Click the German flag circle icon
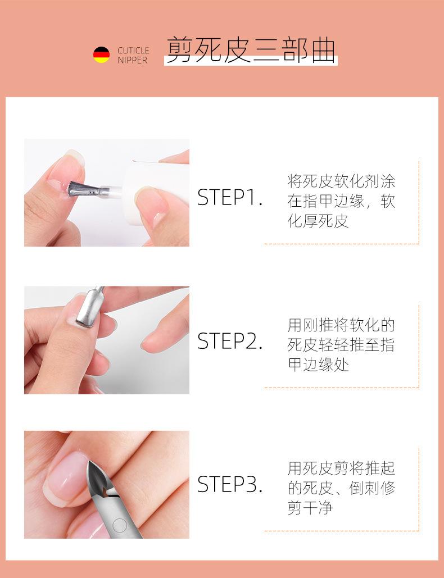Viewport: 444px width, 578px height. [x=101, y=55]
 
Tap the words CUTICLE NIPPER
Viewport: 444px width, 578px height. [x=133, y=55]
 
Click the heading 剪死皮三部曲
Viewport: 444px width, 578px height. [x=250, y=51]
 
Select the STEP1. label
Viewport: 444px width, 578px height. [x=230, y=198]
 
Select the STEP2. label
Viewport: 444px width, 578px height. [x=230, y=342]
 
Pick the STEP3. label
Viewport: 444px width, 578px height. [x=230, y=485]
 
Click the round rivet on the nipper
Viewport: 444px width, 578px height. [x=119, y=525]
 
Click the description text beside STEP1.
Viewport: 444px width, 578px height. [x=341, y=201]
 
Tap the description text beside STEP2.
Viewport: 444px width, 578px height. [x=341, y=344]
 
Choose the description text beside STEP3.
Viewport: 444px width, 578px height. [x=341, y=488]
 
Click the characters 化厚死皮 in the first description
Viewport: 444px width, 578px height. [x=318, y=221]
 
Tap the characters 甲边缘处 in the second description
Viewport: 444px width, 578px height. [x=318, y=365]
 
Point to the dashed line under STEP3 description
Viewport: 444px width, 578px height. [x=341, y=531]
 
